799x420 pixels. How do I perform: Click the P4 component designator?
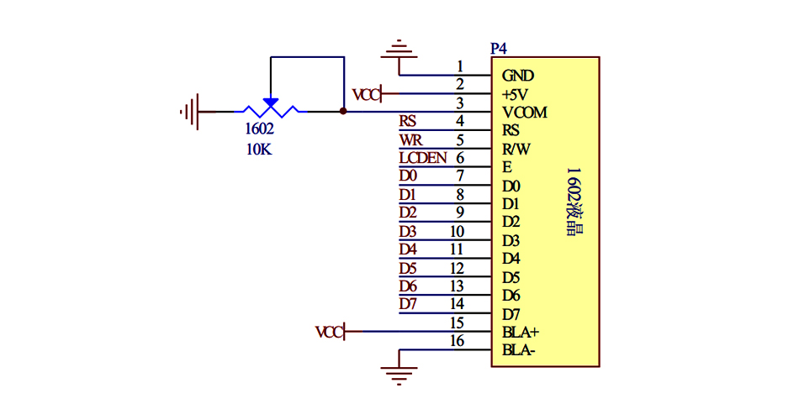pos(498,49)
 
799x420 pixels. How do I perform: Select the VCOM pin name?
pos(525,113)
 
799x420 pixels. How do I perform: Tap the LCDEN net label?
pos(423,157)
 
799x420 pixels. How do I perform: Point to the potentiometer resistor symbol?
pos(270,110)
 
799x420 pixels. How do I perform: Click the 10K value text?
pos(258,150)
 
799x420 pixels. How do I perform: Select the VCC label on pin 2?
pos(367,93)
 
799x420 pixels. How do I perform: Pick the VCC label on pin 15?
pos(330,332)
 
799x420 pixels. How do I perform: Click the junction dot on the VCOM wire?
pos(343,111)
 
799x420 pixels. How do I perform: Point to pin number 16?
pos(458,340)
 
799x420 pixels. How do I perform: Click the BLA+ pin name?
pos(521,332)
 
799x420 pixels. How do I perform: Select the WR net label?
pos(410,139)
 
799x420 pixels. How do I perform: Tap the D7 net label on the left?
pos(408,304)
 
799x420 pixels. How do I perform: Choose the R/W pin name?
pos(516,150)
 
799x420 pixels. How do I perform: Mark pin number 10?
pos(458,231)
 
